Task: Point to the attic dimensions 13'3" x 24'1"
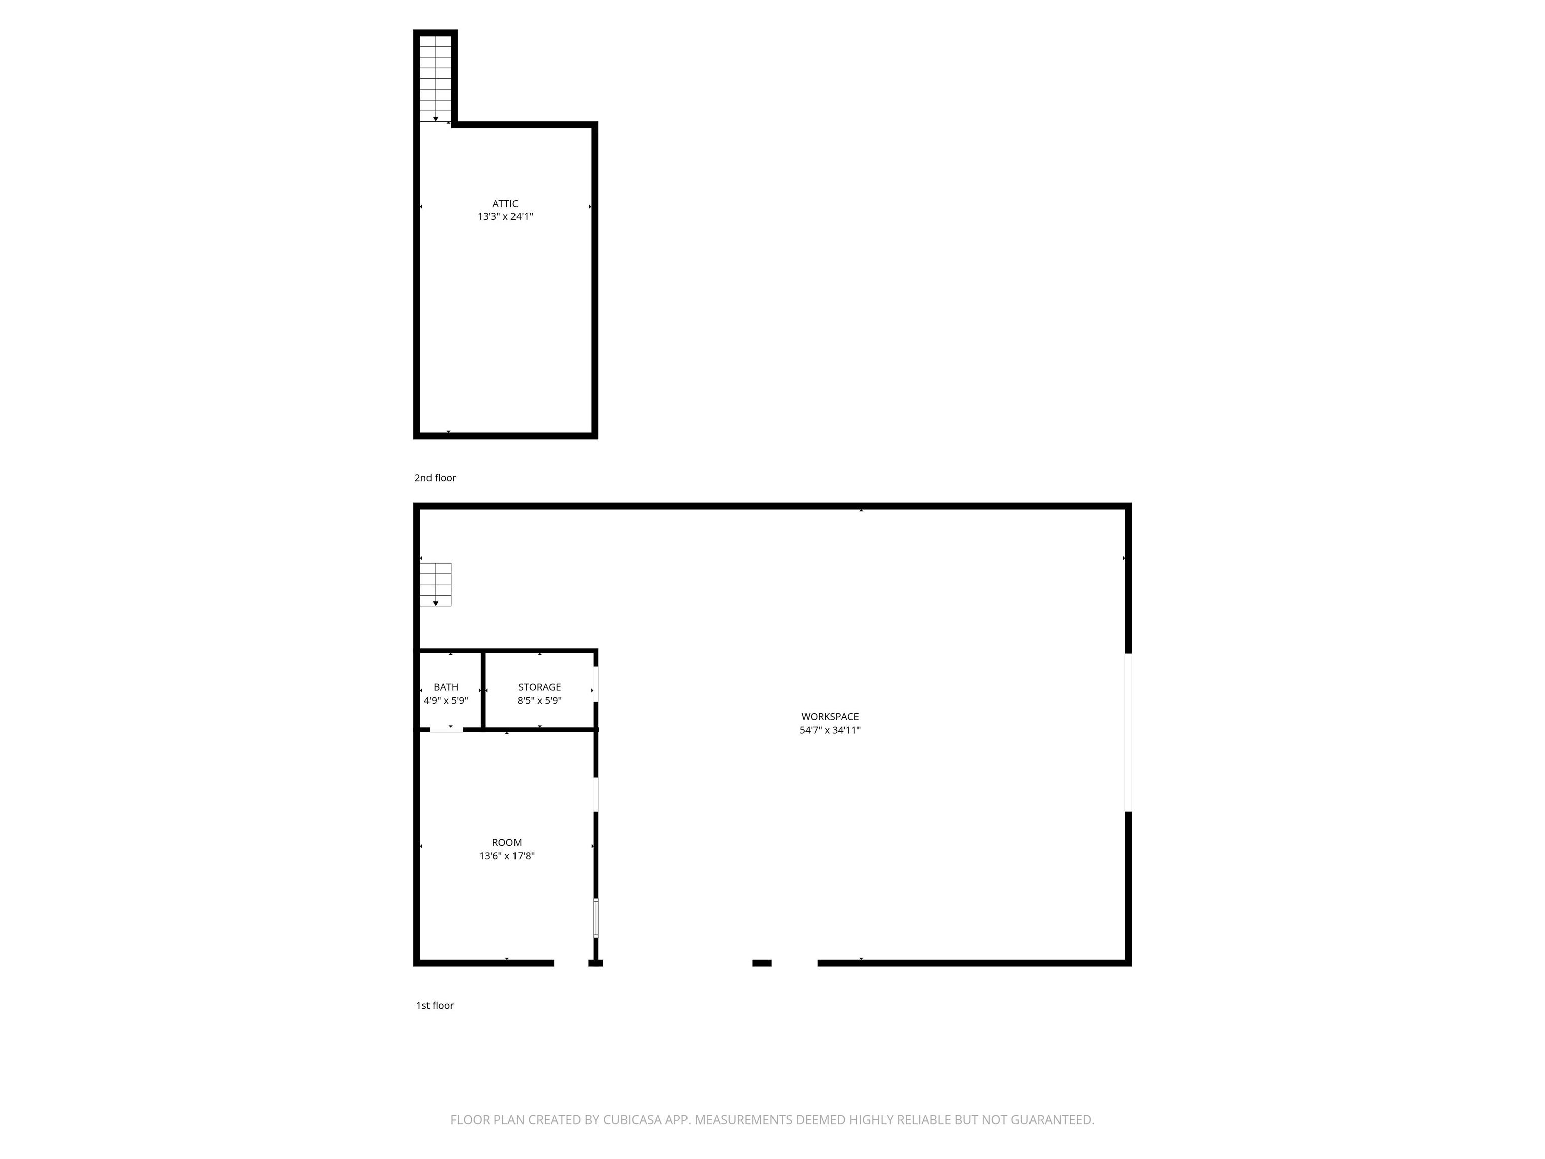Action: coord(505,217)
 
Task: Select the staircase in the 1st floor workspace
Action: coord(435,584)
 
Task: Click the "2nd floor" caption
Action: coord(435,478)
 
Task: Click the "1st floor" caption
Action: coord(435,1005)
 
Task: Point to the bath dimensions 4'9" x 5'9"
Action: coord(446,701)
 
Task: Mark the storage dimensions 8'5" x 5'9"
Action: coord(539,701)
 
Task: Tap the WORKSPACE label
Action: coord(830,717)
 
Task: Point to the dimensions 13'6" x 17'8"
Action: coord(506,856)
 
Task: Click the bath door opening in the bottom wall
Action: coord(446,730)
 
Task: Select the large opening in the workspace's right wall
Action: coord(1128,732)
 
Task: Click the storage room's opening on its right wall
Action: coord(596,685)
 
